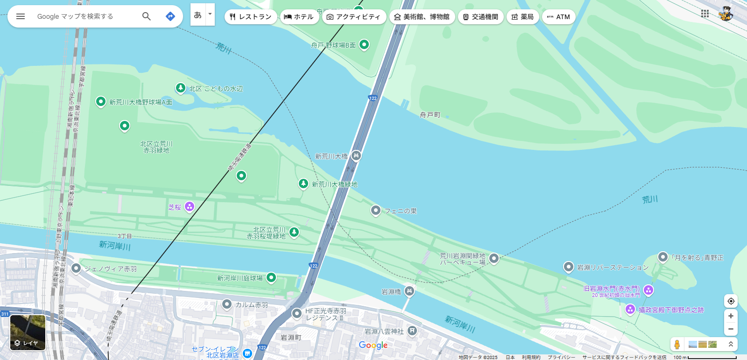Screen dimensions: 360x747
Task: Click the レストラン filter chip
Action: [x=251, y=17]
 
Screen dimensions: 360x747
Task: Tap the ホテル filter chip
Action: [x=299, y=17]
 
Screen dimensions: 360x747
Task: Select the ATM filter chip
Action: [x=558, y=17]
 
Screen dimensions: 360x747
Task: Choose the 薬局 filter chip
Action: [x=522, y=17]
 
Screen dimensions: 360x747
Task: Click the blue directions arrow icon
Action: [x=170, y=16]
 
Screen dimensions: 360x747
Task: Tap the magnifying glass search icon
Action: [x=147, y=16]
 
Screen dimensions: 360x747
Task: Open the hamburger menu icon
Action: [x=21, y=16]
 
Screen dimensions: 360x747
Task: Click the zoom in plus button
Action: [x=731, y=316]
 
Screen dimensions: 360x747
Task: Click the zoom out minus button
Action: [x=731, y=329]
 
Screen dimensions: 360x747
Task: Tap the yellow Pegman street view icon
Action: [x=677, y=345]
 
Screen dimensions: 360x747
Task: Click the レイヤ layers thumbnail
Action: [x=28, y=332]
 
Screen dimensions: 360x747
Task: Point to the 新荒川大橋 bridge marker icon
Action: [x=356, y=155]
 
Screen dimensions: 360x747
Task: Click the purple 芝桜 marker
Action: [x=189, y=206]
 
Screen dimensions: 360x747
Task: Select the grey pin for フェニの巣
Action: [x=376, y=211]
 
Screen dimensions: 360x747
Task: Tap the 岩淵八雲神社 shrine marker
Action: [x=412, y=331]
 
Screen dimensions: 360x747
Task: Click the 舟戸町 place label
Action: [x=430, y=115]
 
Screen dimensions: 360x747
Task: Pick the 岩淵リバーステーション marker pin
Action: [x=568, y=267]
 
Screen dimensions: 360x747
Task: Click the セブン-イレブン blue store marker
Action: [x=247, y=353]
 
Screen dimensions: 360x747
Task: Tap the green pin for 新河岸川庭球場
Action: [x=271, y=278]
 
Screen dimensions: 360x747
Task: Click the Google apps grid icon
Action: [x=705, y=14]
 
